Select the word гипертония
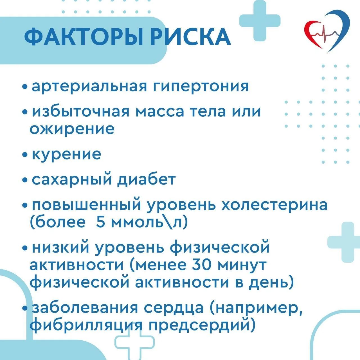201,87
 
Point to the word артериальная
89,87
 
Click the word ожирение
72,129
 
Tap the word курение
66,155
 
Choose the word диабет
147,179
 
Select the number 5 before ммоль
100,222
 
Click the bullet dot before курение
25,155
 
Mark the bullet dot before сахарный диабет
25,180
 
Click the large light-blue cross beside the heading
260,21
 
